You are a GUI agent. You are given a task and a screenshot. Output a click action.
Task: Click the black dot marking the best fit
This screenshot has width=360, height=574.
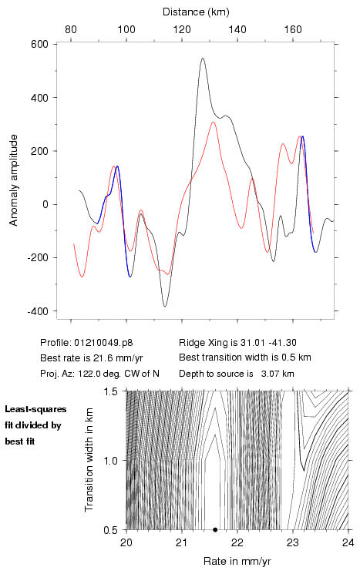pyautogui.click(x=215, y=530)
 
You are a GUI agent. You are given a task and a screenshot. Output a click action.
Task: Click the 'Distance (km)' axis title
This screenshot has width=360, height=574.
pyautogui.click(x=196, y=12)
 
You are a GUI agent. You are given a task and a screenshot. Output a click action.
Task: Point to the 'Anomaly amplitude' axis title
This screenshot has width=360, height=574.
pyautogui.click(x=14, y=180)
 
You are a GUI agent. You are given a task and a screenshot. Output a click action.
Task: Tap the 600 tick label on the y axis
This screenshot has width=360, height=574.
pyautogui.click(x=40, y=44)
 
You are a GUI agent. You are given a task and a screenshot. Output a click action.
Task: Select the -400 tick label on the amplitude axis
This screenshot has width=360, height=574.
pyautogui.click(x=38, y=311)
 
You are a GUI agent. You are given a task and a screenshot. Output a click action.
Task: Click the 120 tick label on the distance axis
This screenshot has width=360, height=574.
pyautogui.click(x=182, y=29)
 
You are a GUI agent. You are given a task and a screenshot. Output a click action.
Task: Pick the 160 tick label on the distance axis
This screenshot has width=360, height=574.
pyautogui.click(x=293, y=29)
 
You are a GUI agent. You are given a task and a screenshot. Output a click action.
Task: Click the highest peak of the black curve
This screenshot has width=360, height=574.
pyautogui.click(x=203, y=59)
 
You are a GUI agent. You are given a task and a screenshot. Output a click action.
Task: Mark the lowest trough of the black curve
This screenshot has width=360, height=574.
pyautogui.click(x=165, y=306)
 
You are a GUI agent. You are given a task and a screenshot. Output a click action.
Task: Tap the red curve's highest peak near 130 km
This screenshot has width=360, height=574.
pyautogui.click(x=213, y=123)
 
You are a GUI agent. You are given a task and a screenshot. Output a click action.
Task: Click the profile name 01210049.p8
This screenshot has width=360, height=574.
pyautogui.click(x=103, y=343)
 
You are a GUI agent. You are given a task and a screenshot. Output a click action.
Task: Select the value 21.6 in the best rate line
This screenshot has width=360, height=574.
pyautogui.click(x=96, y=358)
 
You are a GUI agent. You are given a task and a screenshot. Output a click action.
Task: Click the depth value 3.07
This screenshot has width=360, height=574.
pyautogui.click(x=269, y=374)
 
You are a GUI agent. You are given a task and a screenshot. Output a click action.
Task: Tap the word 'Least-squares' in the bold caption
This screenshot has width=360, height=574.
pyautogui.click(x=35, y=409)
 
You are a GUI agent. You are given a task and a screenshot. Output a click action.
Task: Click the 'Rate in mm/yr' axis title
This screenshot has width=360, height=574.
pyautogui.click(x=237, y=561)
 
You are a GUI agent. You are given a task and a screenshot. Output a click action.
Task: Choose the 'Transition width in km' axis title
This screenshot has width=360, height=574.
pyautogui.click(x=89, y=460)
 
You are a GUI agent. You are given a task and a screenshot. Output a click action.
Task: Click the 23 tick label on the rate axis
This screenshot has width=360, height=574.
pyautogui.click(x=293, y=542)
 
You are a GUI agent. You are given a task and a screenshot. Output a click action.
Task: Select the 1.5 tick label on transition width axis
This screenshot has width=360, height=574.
pyautogui.click(x=110, y=391)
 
